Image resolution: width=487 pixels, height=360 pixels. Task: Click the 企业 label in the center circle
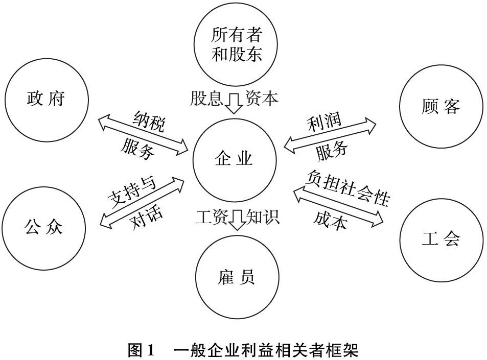pos(234,159)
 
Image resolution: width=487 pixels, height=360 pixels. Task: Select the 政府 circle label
pos(45,99)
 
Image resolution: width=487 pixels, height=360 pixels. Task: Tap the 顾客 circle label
pos(440,106)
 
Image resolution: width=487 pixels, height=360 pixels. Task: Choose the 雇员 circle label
pos(237,277)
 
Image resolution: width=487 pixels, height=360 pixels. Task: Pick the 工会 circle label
pos(440,238)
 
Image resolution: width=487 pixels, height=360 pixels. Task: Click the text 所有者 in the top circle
pos(237,34)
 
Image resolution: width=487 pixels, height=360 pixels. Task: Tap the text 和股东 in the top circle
pos(237,54)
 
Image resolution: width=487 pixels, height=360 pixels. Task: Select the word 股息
pos(206,98)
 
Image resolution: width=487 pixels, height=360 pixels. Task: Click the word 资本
pos(261,98)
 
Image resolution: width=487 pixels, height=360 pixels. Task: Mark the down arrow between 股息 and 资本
pos(234,103)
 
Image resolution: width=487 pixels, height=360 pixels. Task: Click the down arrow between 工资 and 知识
pos(237,220)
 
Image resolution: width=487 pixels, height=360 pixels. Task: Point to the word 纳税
pos(149,121)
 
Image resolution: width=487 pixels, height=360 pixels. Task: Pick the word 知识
pos(263,217)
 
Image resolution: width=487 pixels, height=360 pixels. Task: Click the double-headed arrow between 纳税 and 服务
pos(143,134)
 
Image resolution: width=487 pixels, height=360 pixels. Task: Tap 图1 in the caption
pos(141,350)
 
